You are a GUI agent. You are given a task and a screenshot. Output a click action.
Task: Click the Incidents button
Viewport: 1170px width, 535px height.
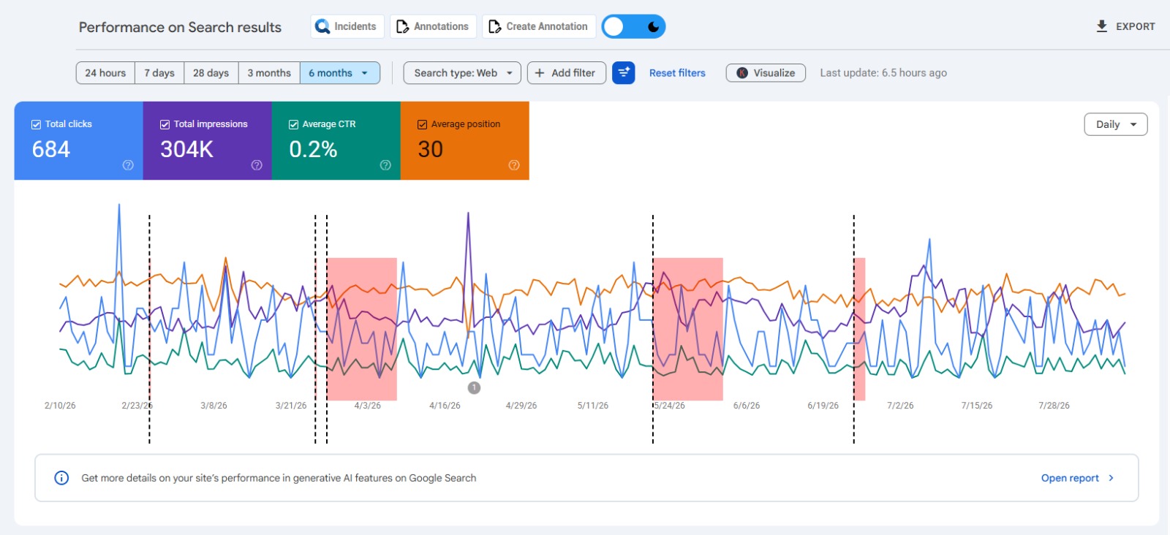[x=347, y=26]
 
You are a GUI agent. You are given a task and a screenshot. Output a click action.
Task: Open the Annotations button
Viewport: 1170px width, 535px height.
[x=433, y=26]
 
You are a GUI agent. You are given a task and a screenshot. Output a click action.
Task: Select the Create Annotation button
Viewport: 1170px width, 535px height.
[x=538, y=26]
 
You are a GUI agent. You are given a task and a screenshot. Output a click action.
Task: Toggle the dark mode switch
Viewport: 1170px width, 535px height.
[x=633, y=26]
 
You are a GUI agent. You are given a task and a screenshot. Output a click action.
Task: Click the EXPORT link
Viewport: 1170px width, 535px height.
[x=1125, y=26]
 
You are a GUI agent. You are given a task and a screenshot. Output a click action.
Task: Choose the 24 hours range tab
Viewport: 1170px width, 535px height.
[x=105, y=73]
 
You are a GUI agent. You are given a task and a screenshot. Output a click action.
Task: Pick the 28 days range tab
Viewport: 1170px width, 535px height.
[x=211, y=73]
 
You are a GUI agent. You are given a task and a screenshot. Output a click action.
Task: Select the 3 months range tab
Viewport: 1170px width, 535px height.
[x=269, y=73]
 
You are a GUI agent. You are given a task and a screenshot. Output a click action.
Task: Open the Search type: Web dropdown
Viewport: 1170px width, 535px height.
[x=462, y=73]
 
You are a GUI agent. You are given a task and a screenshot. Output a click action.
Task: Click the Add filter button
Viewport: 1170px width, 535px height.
[x=567, y=73]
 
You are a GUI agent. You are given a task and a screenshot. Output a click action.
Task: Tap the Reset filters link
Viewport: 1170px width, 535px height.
[x=677, y=73]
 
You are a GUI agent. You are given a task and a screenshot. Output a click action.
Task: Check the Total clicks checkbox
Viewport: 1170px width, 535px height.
[x=36, y=124]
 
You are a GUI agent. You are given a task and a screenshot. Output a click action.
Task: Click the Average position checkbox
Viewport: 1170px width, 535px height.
[x=422, y=124]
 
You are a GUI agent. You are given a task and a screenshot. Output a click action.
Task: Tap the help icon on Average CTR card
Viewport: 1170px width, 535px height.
[x=385, y=165]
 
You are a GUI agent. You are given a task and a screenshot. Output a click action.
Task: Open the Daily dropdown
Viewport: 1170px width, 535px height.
[x=1116, y=124]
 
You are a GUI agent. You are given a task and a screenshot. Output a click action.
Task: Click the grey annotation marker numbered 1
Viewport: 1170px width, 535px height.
[x=474, y=388]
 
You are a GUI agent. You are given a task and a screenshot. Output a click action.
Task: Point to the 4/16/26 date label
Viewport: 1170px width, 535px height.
[x=445, y=406]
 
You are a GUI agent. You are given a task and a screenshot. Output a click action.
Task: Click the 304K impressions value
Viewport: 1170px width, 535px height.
[x=186, y=149]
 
